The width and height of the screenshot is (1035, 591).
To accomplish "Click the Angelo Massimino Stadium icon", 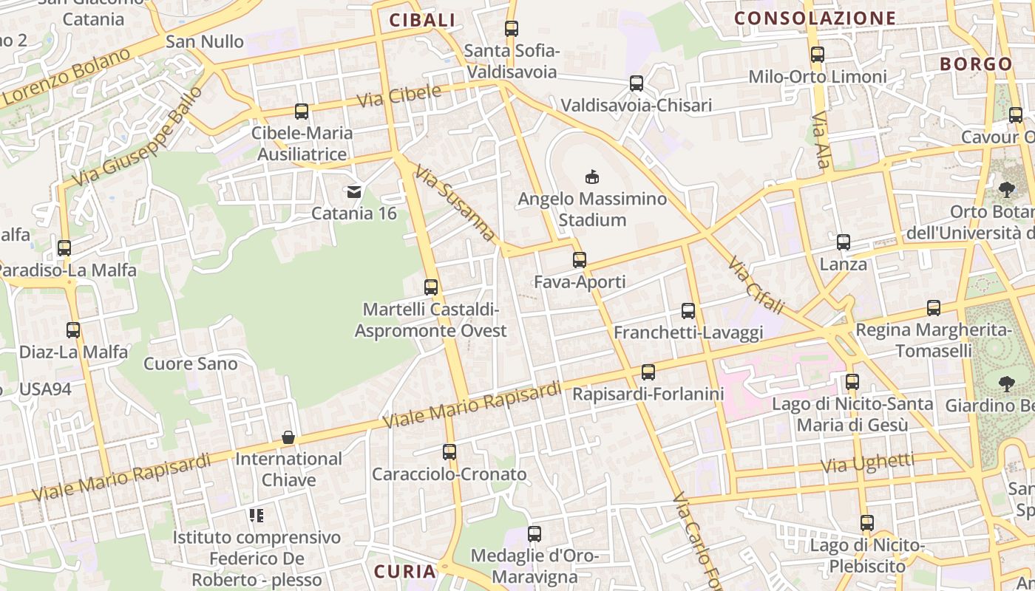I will pyautogui.click(x=591, y=177).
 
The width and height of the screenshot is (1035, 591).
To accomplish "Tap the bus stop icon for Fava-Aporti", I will pyautogui.click(x=580, y=260).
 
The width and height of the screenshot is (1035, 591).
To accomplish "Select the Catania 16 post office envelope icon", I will pyautogui.click(x=354, y=192).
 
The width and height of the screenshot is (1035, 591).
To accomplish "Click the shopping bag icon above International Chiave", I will pyautogui.click(x=288, y=437).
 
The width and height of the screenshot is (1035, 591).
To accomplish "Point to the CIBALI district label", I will pyautogui.click(x=422, y=21).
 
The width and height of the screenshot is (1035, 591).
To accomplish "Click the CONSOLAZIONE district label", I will pyautogui.click(x=815, y=18).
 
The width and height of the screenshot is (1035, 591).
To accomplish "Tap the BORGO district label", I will pyautogui.click(x=976, y=64).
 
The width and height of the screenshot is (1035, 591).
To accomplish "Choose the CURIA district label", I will pyautogui.click(x=404, y=571).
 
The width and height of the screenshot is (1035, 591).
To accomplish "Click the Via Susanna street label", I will pyautogui.click(x=455, y=203).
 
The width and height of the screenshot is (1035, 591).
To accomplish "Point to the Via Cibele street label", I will pyautogui.click(x=398, y=96).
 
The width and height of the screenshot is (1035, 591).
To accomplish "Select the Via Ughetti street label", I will pyautogui.click(x=867, y=464).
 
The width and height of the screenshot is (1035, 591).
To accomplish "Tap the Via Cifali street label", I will pyautogui.click(x=755, y=285).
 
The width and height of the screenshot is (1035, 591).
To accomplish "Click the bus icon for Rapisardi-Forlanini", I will pyautogui.click(x=648, y=372).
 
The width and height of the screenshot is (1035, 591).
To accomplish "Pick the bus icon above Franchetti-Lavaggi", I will pyautogui.click(x=688, y=311).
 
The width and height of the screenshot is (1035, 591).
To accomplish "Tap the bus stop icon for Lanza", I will pyautogui.click(x=844, y=242).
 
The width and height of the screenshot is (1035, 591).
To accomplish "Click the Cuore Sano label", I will pyautogui.click(x=191, y=363).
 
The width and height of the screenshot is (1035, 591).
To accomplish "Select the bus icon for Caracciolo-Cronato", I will pyautogui.click(x=449, y=452).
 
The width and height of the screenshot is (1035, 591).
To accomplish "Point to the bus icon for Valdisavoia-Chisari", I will pyautogui.click(x=637, y=83).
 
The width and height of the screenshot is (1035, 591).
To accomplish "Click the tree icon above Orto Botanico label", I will pyautogui.click(x=1006, y=190).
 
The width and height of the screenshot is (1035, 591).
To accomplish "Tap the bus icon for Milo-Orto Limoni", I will pyautogui.click(x=818, y=55).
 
